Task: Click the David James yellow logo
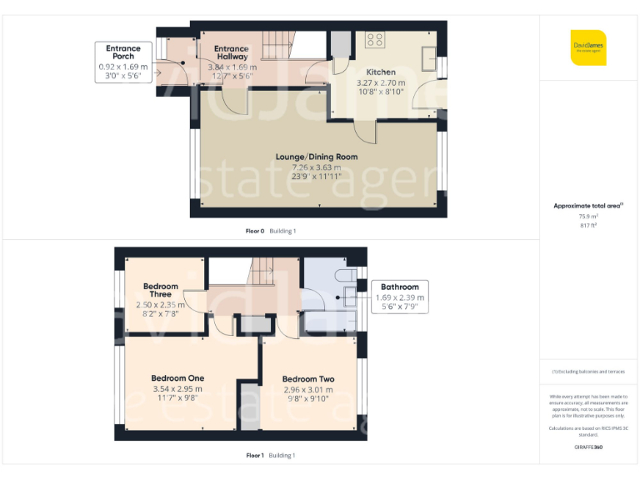tap(588, 47)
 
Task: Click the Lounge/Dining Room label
tap(317, 157)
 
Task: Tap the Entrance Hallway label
tap(232, 53)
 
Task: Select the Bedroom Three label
tap(160, 291)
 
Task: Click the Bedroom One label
tap(177, 378)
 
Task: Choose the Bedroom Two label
tap(308, 379)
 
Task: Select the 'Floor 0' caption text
tap(255, 231)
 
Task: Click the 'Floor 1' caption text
tap(255, 456)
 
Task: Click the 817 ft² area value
tap(588, 225)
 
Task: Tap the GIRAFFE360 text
tap(588, 447)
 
